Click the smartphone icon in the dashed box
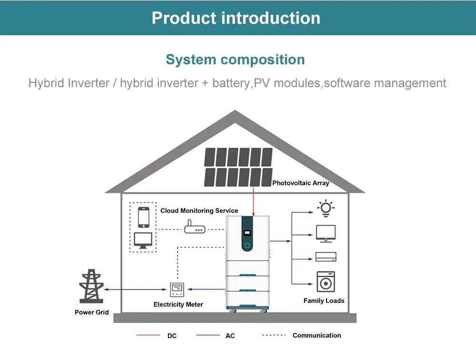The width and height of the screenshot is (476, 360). pos(144,217)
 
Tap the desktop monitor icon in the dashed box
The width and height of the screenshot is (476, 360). pos(143,240)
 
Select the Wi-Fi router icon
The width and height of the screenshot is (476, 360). pos(195,227)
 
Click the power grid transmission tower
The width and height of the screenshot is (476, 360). pos(91,286)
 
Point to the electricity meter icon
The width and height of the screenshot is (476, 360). pos(177,290)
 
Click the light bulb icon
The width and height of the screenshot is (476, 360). pos(326,208)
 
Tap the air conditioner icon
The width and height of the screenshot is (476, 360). pos(326,257)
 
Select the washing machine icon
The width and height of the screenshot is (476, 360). pos(326,281)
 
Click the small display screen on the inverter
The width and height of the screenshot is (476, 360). pos(247,233)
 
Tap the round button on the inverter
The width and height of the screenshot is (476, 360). pos(247,245)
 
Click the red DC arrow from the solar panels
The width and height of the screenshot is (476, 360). pos(254,202)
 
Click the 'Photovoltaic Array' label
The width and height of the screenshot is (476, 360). pos(300,183)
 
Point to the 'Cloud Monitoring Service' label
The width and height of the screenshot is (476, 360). pos(199,210)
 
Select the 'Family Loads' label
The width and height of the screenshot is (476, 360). pos(324,301)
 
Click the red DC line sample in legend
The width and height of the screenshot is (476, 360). pos(148,335)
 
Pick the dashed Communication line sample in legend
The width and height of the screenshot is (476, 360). pos(274,335)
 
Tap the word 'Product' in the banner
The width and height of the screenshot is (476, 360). pos(184,18)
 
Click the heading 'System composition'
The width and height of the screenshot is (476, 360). pos(235,60)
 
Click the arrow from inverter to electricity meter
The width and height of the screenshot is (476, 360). pos(207,289)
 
